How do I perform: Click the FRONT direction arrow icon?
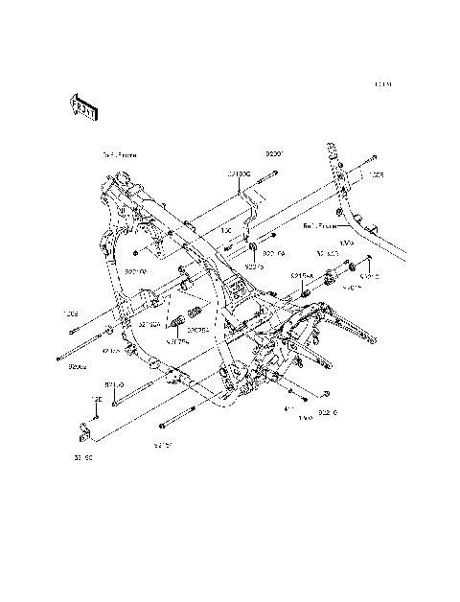click(x=83, y=107)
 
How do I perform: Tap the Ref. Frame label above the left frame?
click(x=120, y=153)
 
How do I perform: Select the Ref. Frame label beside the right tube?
click(x=321, y=227)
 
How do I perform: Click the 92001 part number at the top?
click(x=276, y=153)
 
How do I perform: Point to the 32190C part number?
click(x=239, y=174)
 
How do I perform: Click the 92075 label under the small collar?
click(x=253, y=266)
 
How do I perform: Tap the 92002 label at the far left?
click(x=78, y=365)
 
